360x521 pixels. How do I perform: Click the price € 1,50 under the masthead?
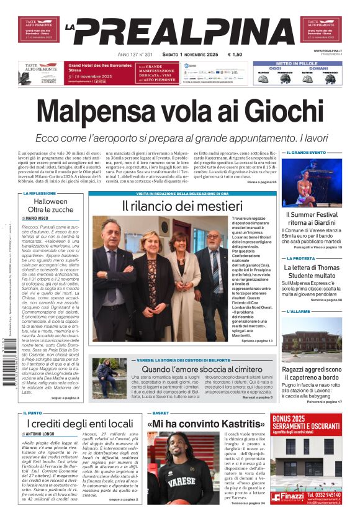[235, 54]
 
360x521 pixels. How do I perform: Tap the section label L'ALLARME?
[300, 311]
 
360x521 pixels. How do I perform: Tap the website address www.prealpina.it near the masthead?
[328, 50]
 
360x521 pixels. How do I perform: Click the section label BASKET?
[160, 412]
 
